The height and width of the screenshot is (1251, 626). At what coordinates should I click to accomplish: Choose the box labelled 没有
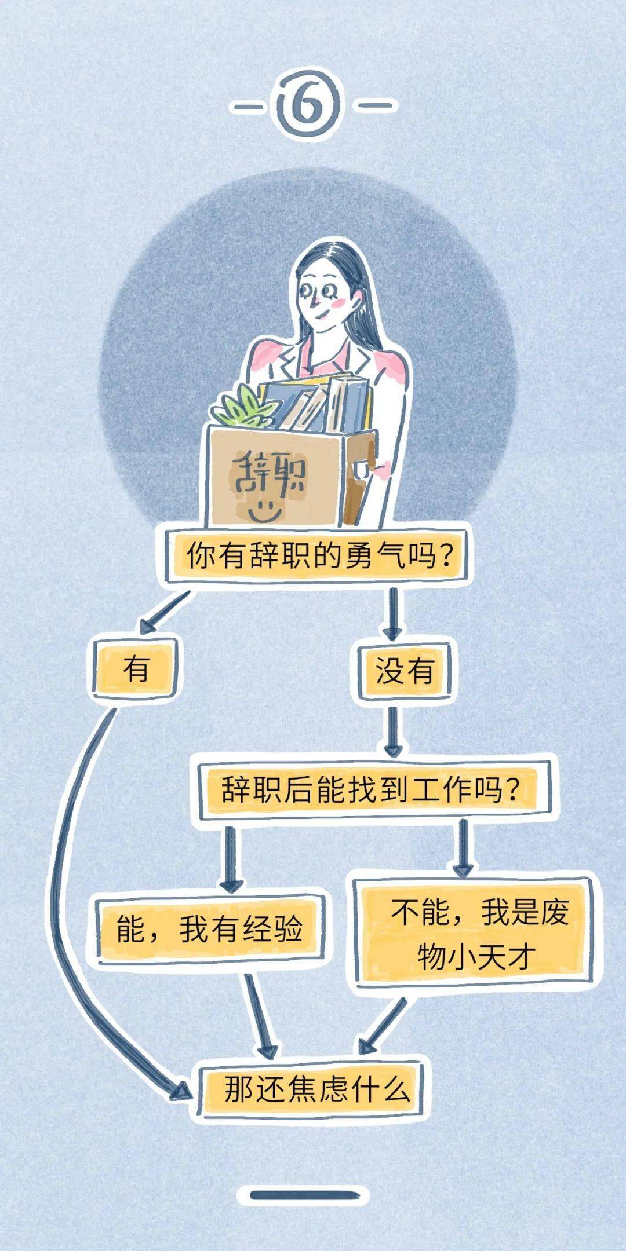pyautogui.click(x=404, y=671)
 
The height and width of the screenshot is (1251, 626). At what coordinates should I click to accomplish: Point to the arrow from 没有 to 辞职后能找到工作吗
pyautogui.click(x=393, y=729)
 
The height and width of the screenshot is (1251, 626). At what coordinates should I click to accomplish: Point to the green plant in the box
pyautogui.click(x=243, y=406)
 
